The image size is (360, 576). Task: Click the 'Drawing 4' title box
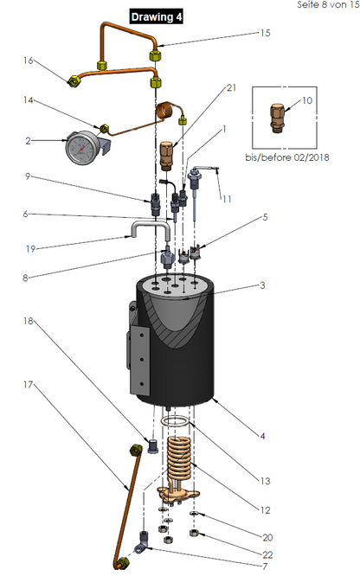tap(157, 17)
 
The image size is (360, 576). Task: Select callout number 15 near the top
tap(265, 33)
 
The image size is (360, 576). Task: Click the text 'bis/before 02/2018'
tap(287, 157)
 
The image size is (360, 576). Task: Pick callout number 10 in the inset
tap(307, 100)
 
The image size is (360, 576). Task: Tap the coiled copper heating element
tap(179, 459)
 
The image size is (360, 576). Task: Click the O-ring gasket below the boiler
tap(177, 421)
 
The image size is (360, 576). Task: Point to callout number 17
tap(29, 385)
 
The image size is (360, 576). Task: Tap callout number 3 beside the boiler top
tap(262, 285)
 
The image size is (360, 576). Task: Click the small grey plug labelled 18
tap(153, 445)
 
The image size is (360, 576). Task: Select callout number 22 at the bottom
tap(267, 554)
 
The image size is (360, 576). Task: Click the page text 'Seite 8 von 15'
tap(328, 4)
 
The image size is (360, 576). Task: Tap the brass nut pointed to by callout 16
tap(74, 80)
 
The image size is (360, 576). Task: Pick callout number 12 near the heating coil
tap(265, 510)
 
